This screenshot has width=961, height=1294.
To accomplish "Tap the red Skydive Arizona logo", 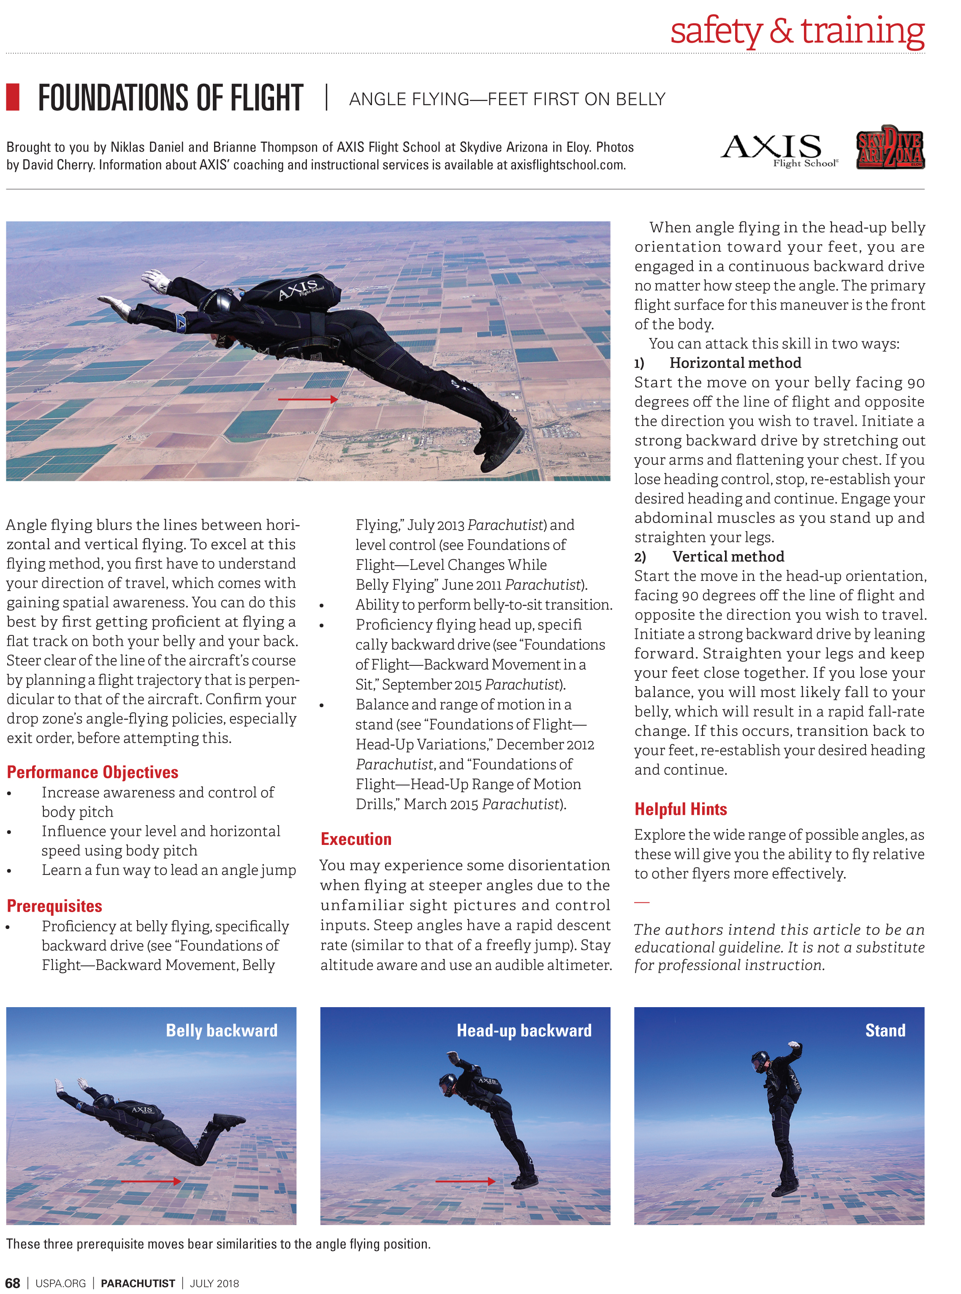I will click(890, 148).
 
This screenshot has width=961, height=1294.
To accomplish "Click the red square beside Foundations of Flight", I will click(13, 97).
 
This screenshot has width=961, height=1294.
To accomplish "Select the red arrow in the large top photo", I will click(307, 399).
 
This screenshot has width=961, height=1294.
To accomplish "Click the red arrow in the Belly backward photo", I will click(151, 1181).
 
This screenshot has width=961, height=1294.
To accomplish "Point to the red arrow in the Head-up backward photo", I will click(465, 1181).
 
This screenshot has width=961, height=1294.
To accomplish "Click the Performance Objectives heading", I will click(92, 772).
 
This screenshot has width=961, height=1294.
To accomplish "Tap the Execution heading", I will click(356, 839).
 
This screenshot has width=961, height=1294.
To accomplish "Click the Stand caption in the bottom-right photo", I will click(885, 1030).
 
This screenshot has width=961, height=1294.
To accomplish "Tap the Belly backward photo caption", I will click(222, 1030).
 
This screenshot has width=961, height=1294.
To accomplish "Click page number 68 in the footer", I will click(12, 1283).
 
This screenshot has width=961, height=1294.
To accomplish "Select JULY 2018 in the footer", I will click(214, 1283).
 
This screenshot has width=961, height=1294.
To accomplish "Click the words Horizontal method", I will click(735, 363).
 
